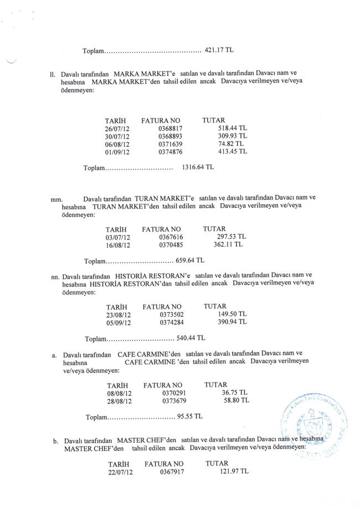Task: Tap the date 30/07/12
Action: (117, 136)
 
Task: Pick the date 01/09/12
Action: (117, 151)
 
